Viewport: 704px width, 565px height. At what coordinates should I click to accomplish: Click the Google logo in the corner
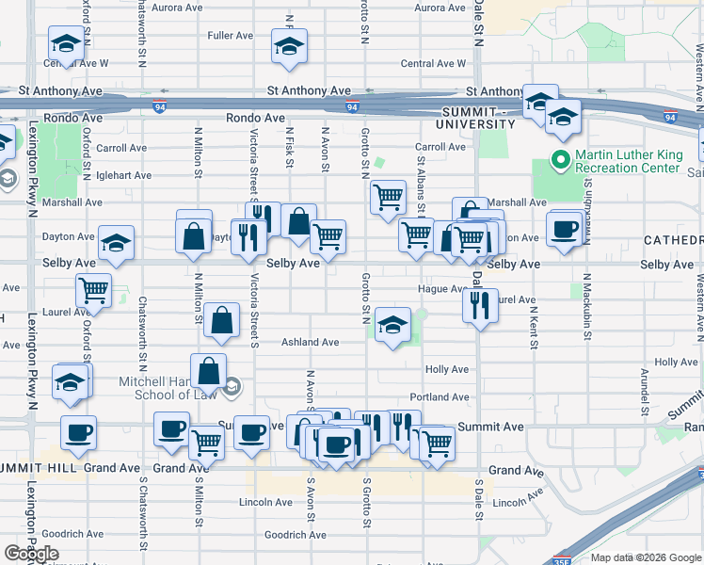point(32,554)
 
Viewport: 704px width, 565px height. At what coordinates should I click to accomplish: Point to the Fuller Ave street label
point(231,36)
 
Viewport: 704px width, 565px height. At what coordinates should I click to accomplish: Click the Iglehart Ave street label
point(123,175)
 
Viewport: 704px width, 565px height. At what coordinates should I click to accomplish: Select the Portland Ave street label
point(439,397)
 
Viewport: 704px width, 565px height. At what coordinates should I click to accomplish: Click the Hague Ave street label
point(442,289)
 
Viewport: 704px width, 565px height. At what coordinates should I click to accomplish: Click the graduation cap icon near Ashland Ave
point(392,326)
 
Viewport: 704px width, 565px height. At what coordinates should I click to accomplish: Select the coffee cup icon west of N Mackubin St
point(565,229)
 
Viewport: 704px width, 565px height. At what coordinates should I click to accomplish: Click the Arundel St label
point(644,391)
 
